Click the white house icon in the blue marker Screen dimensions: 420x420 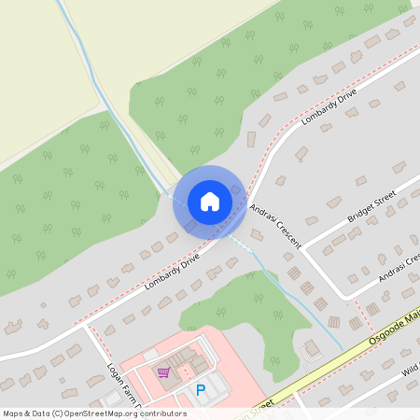pos(210,201)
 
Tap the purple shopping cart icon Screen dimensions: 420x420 pos(164,371)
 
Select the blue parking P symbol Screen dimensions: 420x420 pos(200,389)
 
